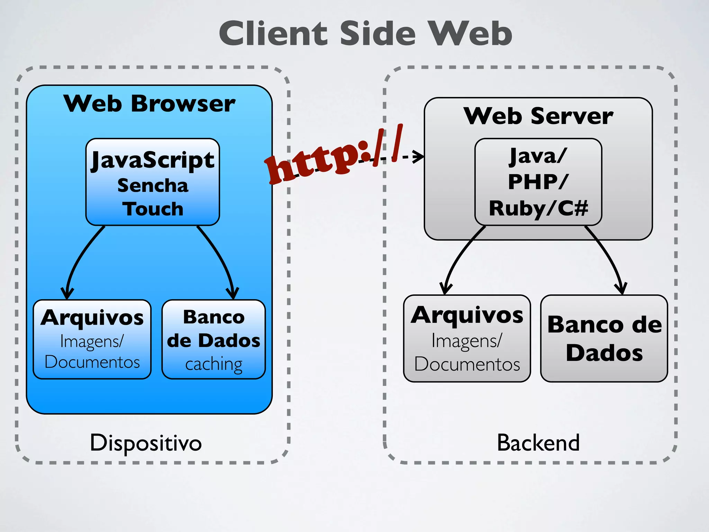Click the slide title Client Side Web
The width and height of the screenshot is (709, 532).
coord(365,33)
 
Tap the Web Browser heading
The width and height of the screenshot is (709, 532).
coord(149,103)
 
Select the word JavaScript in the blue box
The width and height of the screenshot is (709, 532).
coord(153,160)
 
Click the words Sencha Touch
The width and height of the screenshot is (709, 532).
coord(153,197)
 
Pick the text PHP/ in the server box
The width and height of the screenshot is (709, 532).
coord(538,181)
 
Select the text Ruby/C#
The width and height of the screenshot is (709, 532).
coord(538,208)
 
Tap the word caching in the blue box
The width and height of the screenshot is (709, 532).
coord(214,364)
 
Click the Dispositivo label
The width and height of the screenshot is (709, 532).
coord(146,443)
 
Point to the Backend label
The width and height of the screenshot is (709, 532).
coord(538,443)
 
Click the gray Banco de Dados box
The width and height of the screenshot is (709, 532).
coord(604,338)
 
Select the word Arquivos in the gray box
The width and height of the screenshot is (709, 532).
coord(467,315)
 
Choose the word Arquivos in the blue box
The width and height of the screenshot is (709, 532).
coord(92,318)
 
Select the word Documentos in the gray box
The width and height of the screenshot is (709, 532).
coord(467,364)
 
